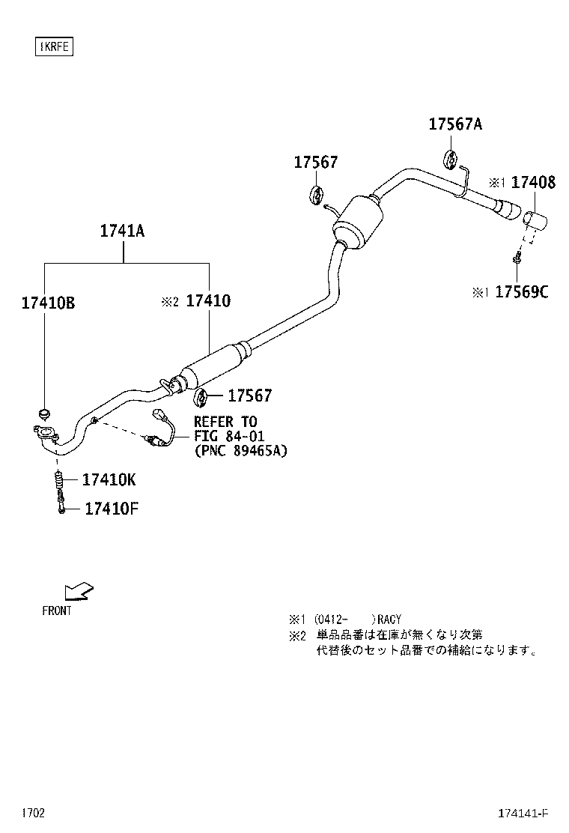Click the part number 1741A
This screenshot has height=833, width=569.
pos(123,231)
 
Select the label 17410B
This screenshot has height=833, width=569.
pos(47,303)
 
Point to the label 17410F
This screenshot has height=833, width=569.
pos(111,509)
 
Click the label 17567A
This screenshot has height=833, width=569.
pos(455,124)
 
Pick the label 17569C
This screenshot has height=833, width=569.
pos(521,292)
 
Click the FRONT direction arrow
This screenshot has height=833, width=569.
pos(78,591)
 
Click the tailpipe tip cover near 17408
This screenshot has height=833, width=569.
pos(535,222)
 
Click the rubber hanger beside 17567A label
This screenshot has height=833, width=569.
pos(451,160)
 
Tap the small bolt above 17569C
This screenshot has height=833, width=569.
pos(517,259)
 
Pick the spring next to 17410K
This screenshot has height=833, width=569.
pos(58,479)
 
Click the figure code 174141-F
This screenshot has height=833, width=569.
pos(523,814)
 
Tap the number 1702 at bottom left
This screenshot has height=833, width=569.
pos(33,813)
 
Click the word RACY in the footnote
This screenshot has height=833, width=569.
pos(389,620)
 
